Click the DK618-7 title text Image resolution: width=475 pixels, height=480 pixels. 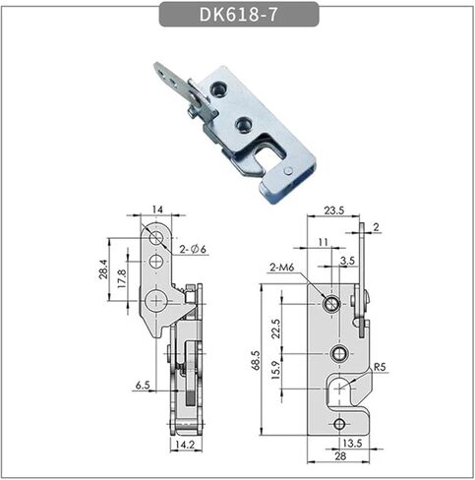pyautogui.click(x=239, y=14)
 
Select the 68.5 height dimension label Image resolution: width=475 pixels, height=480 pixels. pyautogui.click(x=256, y=360)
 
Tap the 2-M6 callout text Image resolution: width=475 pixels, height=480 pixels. pyautogui.click(x=282, y=268)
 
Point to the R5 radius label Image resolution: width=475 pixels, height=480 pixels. pyautogui.click(x=380, y=367)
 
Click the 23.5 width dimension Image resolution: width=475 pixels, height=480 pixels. pyautogui.click(x=334, y=210)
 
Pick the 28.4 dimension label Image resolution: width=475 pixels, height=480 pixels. pyautogui.click(x=102, y=269)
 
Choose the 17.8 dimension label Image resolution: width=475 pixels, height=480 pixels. pyautogui.click(x=122, y=278)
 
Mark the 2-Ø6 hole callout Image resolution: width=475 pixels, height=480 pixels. pyautogui.click(x=193, y=250)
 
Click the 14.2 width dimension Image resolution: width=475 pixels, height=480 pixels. pyautogui.click(x=185, y=445)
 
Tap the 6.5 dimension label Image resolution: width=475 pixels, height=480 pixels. pyautogui.click(x=143, y=385)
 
